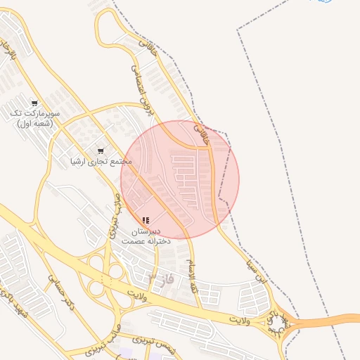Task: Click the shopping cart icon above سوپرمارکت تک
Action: tap(34, 103)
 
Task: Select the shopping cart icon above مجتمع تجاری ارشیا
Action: tap(100, 150)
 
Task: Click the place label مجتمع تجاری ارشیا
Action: tap(101, 162)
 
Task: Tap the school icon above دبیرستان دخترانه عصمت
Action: tap(146, 220)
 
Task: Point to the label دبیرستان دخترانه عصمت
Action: tap(146, 236)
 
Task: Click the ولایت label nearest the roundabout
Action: tap(239, 320)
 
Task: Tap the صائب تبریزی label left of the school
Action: tap(112, 220)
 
